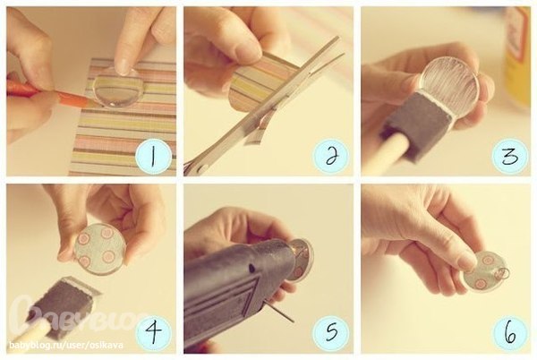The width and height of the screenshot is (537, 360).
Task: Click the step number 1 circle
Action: click(x=153, y=158)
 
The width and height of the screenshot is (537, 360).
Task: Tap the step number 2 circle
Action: click(x=330, y=157)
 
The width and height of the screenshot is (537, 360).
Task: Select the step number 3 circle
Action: click(x=509, y=157)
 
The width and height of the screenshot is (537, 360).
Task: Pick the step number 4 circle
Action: click(x=153, y=333)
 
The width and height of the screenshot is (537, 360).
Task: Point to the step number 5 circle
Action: click(x=330, y=333)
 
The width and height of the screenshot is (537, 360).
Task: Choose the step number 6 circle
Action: click(x=509, y=333)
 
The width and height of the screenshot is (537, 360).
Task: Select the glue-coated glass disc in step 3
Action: click(x=451, y=81)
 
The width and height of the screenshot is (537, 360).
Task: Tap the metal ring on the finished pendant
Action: click(x=502, y=272)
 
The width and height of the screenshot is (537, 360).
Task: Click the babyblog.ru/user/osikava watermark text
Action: click(x=65, y=345)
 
